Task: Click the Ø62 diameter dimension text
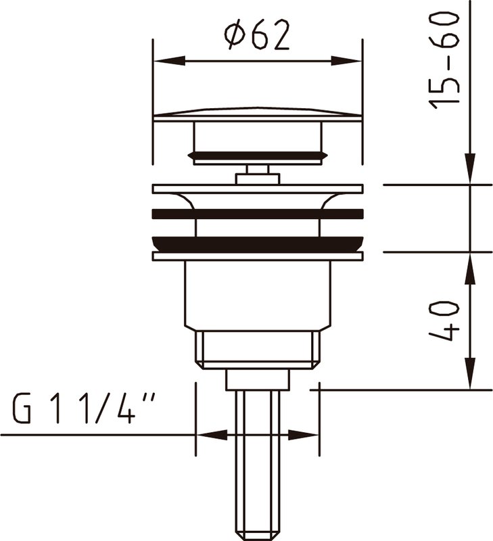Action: pyautogui.click(x=257, y=34)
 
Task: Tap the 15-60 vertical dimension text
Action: pyautogui.click(x=444, y=60)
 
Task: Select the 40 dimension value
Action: pyautogui.click(x=444, y=321)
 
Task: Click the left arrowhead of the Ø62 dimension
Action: pyautogui.click(x=168, y=61)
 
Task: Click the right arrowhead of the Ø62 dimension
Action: pyautogui.click(x=346, y=61)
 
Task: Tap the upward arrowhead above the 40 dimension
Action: pyautogui.click(x=470, y=268)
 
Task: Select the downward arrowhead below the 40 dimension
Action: pyautogui.click(x=470, y=374)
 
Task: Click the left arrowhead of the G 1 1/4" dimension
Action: pyautogui.click(x=212, y=435)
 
